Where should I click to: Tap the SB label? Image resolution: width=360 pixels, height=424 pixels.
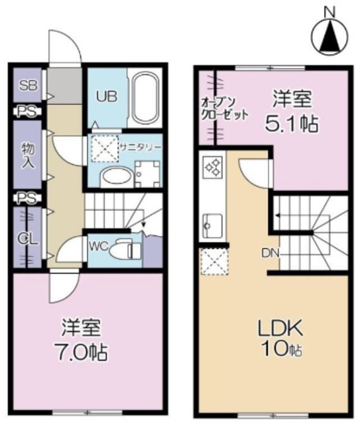click(28, 85)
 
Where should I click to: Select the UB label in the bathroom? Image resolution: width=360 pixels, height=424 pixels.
click(107, 97)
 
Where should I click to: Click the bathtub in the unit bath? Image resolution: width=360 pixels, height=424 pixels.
click(145, 98)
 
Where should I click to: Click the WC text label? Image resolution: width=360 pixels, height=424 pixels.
click(99, 246)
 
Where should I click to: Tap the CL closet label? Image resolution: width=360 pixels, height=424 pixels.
click(28, 238)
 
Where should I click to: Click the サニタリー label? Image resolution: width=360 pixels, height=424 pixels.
click(141, 148)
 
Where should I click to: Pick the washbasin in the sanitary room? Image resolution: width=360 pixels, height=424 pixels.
click(117, 177)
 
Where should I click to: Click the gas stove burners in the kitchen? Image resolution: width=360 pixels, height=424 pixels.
click(212, 168)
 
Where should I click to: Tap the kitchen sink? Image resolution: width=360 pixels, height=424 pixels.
click(212, 225)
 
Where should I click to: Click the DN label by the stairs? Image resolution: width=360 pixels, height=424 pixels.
click(270, 253)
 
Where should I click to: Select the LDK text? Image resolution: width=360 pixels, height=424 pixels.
click(280, 328)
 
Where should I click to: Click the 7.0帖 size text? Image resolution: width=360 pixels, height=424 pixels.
click(81, 352)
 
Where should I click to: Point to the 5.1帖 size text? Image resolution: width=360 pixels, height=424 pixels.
click(292, 124)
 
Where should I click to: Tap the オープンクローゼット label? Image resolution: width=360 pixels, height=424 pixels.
click(224, 109)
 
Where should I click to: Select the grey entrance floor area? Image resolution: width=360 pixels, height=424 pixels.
click(65, 85)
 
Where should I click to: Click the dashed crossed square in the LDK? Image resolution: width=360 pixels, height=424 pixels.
click(214, 262)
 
